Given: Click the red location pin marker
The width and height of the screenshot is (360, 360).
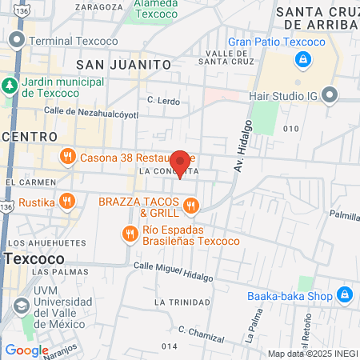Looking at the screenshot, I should (181, 163).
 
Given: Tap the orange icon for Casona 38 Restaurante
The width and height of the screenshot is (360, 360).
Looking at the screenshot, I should (67, 157).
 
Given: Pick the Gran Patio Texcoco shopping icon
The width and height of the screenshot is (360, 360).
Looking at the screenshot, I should (302, 59).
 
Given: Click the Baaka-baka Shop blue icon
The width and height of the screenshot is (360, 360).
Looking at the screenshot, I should (345, 295).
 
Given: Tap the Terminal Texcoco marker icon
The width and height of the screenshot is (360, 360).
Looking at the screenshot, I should (15, 40).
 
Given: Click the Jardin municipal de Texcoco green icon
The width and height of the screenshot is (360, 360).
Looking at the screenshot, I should (10, 85).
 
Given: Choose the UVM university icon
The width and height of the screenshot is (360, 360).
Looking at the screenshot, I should (19, 306).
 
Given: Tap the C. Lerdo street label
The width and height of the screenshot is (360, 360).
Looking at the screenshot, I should (164, 100).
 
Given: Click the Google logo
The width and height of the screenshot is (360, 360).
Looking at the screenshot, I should (26, 350).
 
